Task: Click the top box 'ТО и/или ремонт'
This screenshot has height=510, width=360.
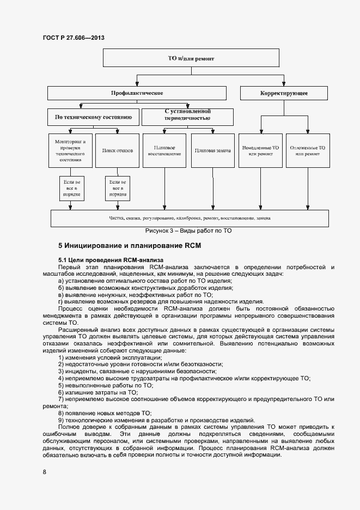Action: coord(191,58)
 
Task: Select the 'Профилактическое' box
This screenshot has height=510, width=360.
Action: coord(137,93)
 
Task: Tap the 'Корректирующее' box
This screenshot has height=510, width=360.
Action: coord(284,93)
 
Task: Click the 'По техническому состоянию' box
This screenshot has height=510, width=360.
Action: coord(93,117)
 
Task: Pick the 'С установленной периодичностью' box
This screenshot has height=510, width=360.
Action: coord(187,117)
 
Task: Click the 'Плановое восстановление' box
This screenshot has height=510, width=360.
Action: coord(164,150)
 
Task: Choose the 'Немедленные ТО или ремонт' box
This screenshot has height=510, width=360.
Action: coord(260,150)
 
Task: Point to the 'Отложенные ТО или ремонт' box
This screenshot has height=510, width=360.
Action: coord(307,150)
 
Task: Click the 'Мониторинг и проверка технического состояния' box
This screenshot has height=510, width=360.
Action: coord(70,150)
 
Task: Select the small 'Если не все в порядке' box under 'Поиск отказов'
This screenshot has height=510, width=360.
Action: coord(117,188)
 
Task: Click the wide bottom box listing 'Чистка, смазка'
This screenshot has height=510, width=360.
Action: coord(189,218)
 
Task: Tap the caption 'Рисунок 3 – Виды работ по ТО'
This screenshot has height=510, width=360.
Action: coord(188,231)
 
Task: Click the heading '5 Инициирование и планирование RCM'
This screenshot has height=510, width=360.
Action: coord(130,246)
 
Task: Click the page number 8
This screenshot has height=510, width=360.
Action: coord(45,472)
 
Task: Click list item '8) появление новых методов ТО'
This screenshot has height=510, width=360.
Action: coord(105,413)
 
